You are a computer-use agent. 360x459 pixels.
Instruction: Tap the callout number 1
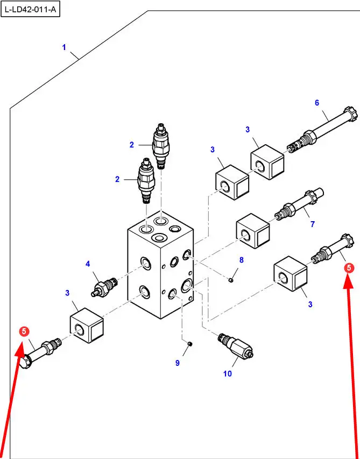64,47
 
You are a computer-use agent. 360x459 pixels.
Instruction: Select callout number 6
317,103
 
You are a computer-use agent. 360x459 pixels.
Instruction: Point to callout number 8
241,260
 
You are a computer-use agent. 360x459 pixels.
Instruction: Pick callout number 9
177,363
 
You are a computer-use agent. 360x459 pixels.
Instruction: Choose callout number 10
228,373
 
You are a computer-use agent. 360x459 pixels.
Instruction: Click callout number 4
88,264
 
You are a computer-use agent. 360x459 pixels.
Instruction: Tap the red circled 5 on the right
349,267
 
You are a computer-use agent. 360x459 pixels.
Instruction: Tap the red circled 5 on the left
24,332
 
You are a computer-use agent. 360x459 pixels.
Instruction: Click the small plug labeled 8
230,279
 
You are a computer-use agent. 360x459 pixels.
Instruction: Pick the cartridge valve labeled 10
236,346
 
